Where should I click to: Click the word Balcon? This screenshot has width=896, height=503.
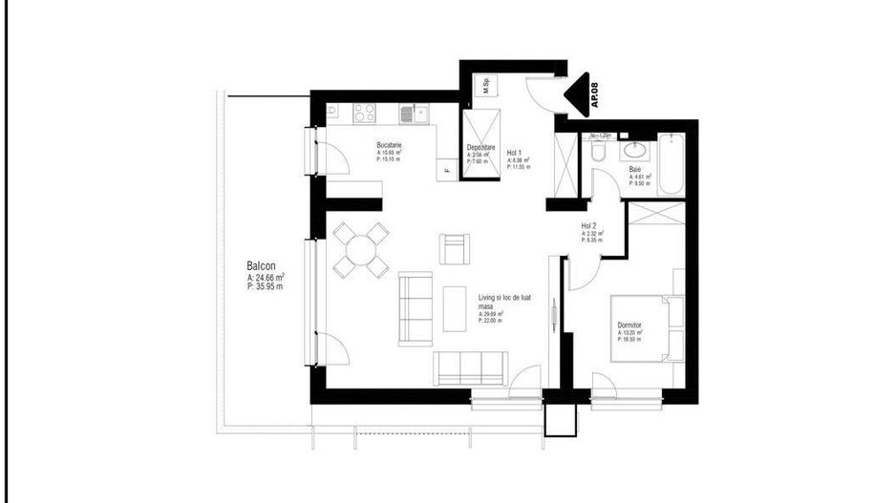tap(261, 267)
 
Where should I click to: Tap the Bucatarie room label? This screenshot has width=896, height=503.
tap(389, 145)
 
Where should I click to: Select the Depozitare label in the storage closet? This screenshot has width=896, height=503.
tap(480, 147)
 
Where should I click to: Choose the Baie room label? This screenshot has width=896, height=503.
tap(635, 169)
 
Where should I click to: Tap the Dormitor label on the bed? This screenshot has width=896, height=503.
tap(629, 325)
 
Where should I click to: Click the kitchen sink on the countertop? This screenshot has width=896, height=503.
tap(412, 114)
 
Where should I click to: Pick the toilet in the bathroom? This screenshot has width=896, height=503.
tap(597, 153)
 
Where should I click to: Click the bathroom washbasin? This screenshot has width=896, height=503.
tap(633, 150)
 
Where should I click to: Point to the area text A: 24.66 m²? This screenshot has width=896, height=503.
tap(266, 277)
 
